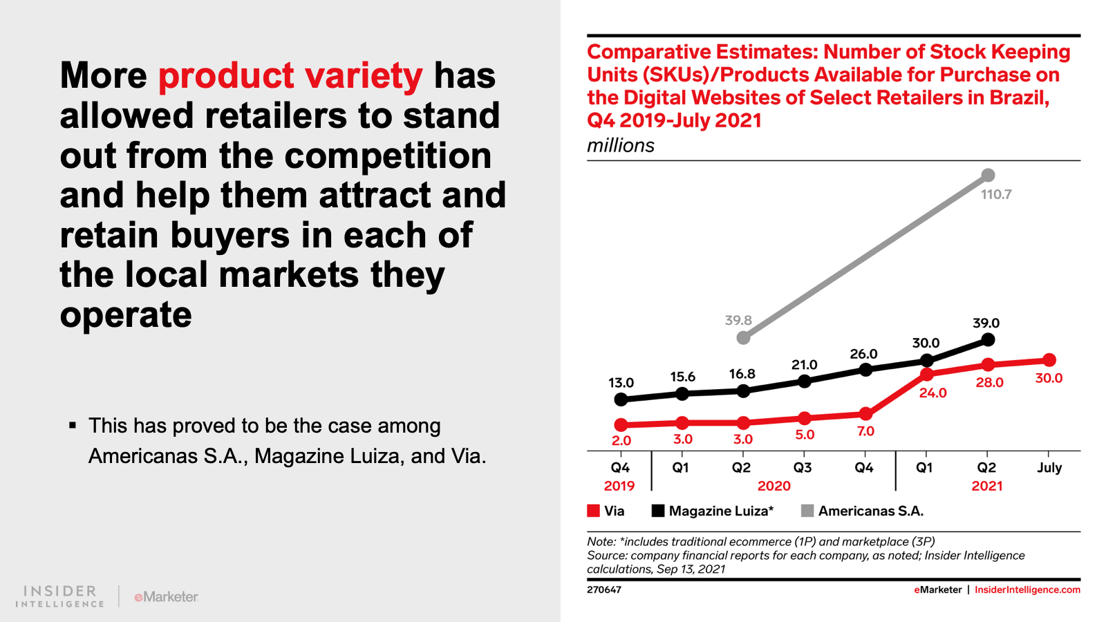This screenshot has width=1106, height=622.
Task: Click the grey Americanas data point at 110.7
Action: pos(988,176)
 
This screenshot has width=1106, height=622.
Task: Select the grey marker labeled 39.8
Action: pos(743,337)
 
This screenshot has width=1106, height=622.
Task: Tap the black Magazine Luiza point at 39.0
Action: pos(988,339)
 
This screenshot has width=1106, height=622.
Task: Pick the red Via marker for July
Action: pos(1049,360)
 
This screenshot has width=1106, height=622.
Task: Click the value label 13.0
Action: pos(621,383)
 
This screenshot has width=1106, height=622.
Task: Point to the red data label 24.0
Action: pos(932,393)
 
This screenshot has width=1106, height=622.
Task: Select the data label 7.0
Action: pos(865,431)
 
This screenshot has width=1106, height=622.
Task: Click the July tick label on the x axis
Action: pos(1049,468)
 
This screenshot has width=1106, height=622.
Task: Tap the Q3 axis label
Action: pos(803,468)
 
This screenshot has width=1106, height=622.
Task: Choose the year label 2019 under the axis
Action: pos(619,486)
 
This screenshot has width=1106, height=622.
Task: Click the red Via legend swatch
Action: pos(593,511)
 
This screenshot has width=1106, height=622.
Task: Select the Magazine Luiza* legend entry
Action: pos(720,511)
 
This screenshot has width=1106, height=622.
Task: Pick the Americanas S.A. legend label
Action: pos(870,511)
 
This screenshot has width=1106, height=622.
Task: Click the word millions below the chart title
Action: pos(620,146)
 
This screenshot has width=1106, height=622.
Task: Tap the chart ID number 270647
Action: pos(604,590)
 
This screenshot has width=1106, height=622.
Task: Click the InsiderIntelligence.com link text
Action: pos(1027,590)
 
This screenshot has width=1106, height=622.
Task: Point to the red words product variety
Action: pos(290,76)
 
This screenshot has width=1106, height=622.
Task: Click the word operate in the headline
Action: pos(126,315)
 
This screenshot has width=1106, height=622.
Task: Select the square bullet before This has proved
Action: pos(73,425)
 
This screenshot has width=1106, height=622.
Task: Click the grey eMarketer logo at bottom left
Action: pos(166,596)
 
